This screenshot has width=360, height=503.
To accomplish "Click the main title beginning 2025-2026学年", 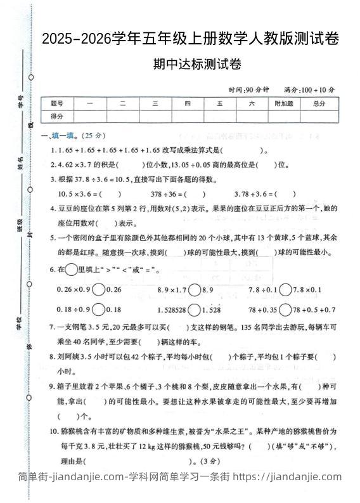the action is (x=190, y=39).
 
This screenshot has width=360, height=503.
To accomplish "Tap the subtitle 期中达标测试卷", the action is (x=190, y=64).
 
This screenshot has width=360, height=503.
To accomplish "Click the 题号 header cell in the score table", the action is (x=57, y=103).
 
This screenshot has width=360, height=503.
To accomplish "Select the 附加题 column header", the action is (x=283, y=103).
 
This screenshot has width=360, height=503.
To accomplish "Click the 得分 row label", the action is (x=57, y=116).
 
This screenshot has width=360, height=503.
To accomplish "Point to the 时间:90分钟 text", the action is (x=250, y=89).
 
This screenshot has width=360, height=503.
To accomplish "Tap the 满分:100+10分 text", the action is (x=310, y=89).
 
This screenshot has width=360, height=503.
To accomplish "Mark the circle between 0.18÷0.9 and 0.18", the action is (x=98, y=310).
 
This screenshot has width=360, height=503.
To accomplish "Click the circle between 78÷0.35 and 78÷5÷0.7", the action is (x=285, y=310).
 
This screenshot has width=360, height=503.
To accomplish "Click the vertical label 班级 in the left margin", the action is (x=22, y=223).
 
